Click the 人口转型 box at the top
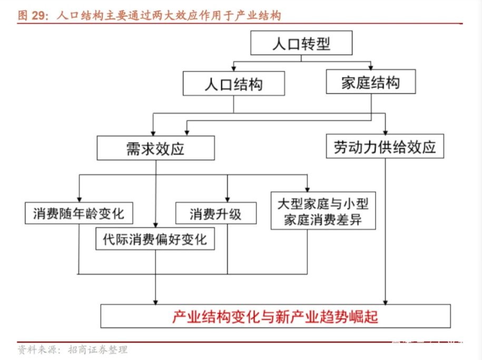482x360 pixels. pyautogui.click(x=301, y=43)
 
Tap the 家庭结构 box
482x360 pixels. pyautogui.click(x=370, y=82)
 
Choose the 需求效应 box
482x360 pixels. pyautogui.click(x=155, y=148)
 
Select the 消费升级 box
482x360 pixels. pyautogui.click(x=215, y=213)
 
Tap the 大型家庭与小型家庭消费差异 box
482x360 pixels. pyautogui.click(x=324, y=210)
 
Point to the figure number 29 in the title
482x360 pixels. pyautogui.click(x=38, y=16)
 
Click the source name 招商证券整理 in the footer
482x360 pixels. pyautogui.click(x=101, y=349)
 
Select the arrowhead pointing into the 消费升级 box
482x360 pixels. pyautogui.click(x=228, y=199)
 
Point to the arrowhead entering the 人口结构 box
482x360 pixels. pyautogui.click(x=233, y=69)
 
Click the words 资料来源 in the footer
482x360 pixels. pyautogui.click(x=34, y=349)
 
